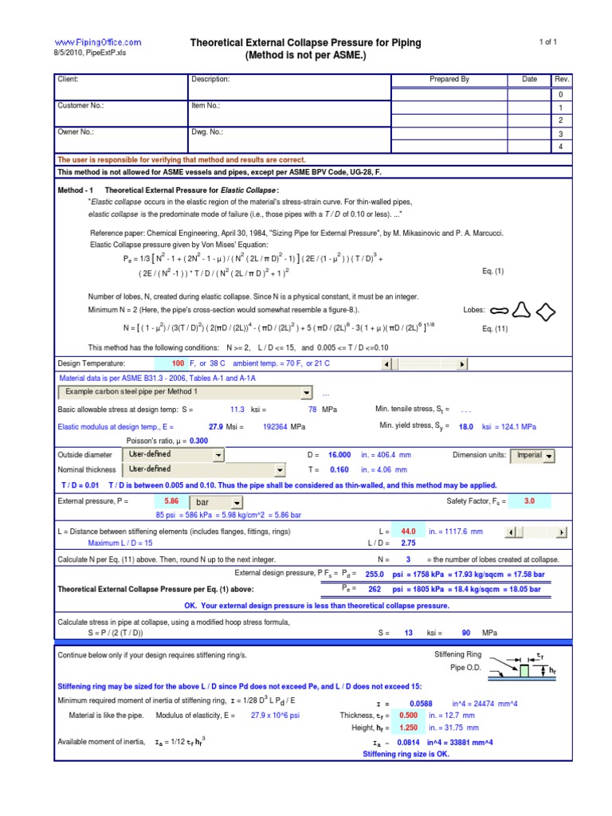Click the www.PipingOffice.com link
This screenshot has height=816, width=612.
(x=97, y=41)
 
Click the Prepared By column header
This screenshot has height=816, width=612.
(x=449, y=80)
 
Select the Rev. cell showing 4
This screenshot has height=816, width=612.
(x=561, y=147)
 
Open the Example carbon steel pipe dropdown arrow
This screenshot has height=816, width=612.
(x=307, y=393)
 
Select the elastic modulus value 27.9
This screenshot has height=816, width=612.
(x=216, y=426)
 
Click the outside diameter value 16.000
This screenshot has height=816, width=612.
(x=339, y=455)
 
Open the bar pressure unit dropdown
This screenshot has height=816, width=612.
(x=237, y=503)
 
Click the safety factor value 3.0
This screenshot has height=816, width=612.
(x=529, y=501)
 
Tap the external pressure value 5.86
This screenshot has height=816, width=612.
(x=171, y=501)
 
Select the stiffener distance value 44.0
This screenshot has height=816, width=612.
(x=409, y=531)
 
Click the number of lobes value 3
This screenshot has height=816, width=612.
(x=408, y=559)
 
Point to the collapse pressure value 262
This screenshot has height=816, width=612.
(x=375, y=589)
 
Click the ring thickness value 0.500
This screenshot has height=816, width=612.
(x=408, y=716)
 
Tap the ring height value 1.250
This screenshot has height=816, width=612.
(x=408, y=728)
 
